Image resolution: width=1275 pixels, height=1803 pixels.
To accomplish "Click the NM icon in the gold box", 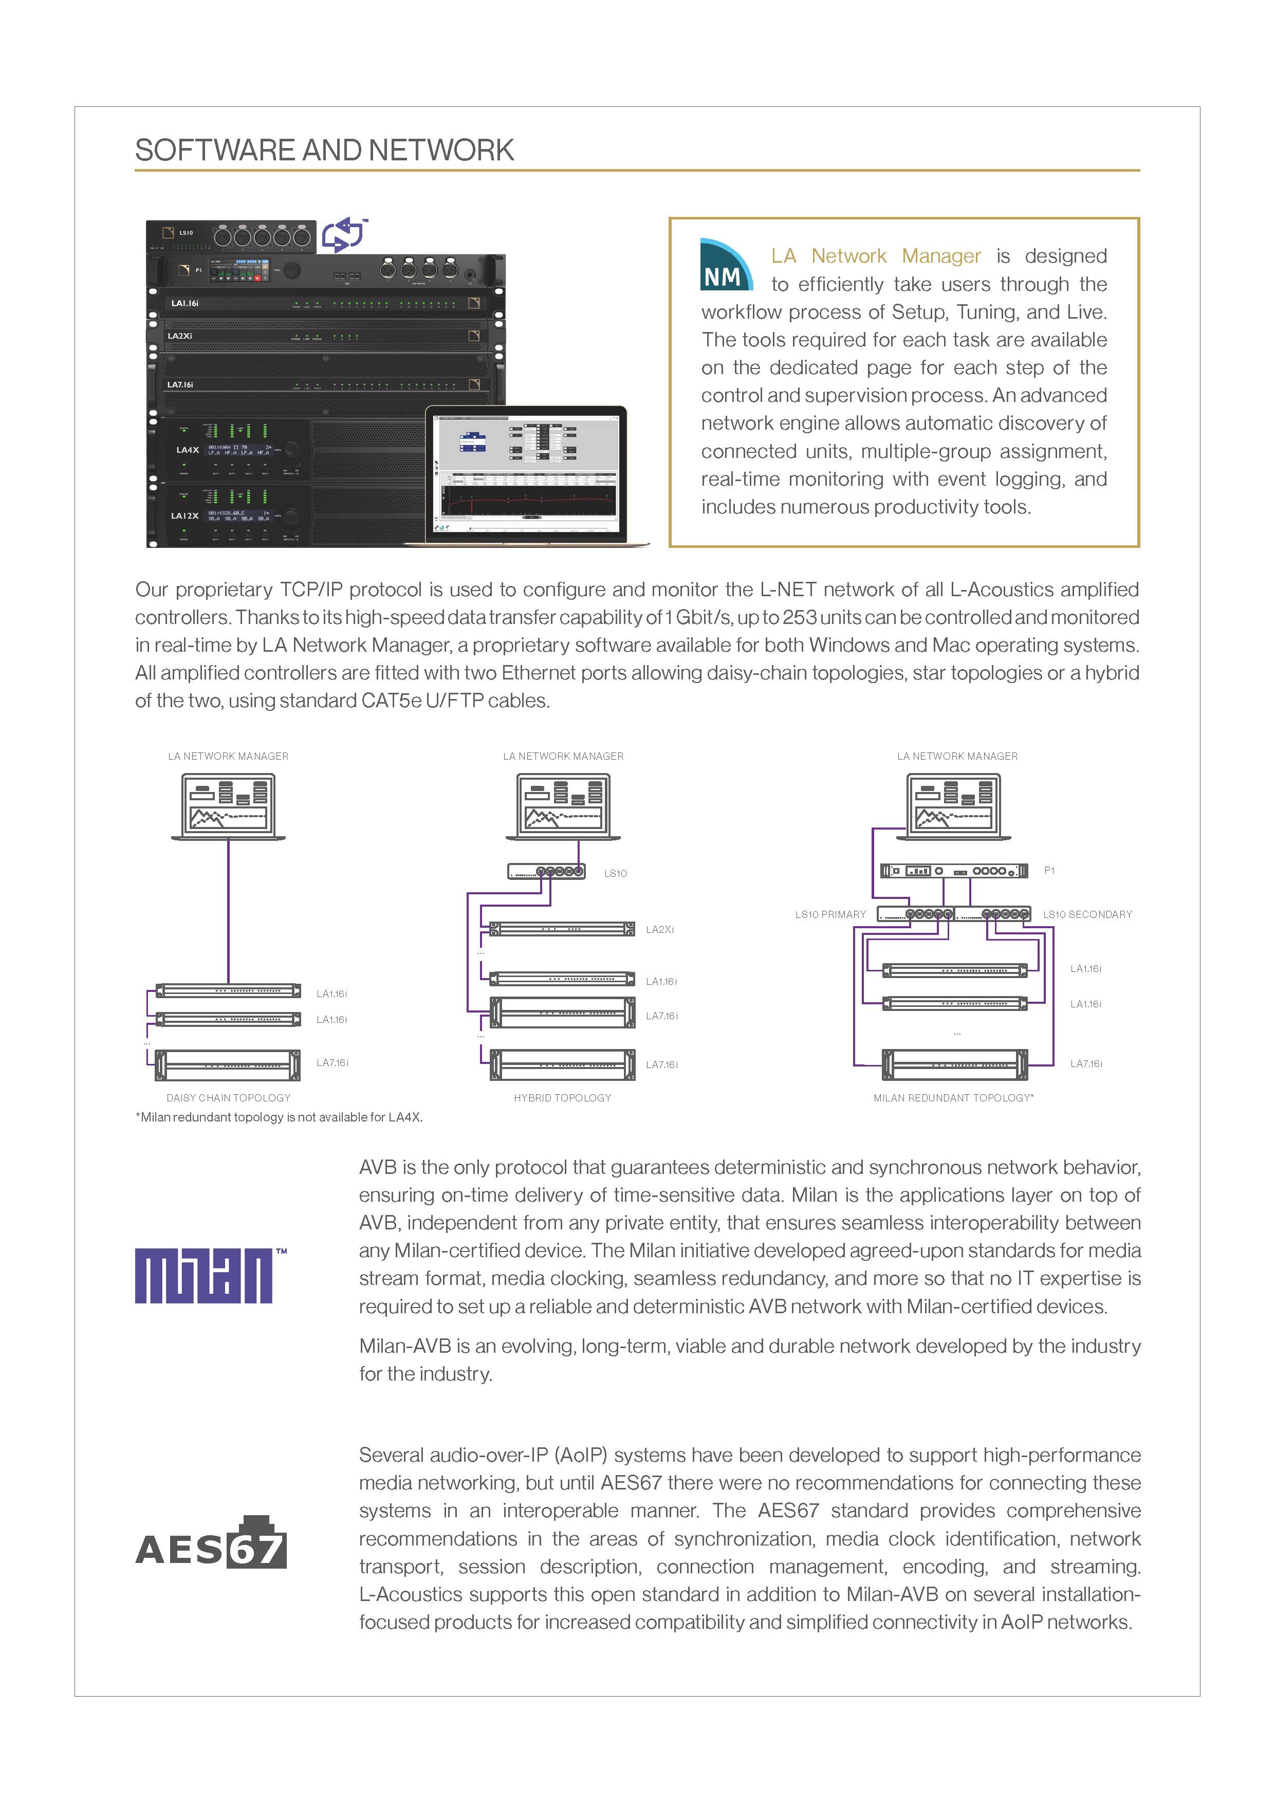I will point(725,265).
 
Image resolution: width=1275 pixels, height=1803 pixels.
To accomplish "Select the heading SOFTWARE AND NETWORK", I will point(324,150).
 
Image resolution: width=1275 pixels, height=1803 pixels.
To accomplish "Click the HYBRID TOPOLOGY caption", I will point(562,1098).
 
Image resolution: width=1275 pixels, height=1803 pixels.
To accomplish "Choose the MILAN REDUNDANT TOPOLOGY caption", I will point(953,1098).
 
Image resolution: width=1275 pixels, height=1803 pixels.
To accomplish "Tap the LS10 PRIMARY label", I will point(830,914).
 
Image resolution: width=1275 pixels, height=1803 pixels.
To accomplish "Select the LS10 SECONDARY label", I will point(1087,914).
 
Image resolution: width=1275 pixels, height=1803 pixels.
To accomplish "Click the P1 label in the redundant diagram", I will point(1049,870).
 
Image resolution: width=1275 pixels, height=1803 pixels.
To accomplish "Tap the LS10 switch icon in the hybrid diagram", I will point(546,871).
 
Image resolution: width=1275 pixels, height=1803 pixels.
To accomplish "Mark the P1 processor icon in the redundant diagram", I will point(953,870).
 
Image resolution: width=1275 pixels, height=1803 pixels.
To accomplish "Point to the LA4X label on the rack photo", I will point(187,450).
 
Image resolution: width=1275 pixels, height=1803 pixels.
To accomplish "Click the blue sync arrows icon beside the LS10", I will point(344,234).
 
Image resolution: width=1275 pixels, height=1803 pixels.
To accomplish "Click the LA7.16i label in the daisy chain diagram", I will point(332,1062).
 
